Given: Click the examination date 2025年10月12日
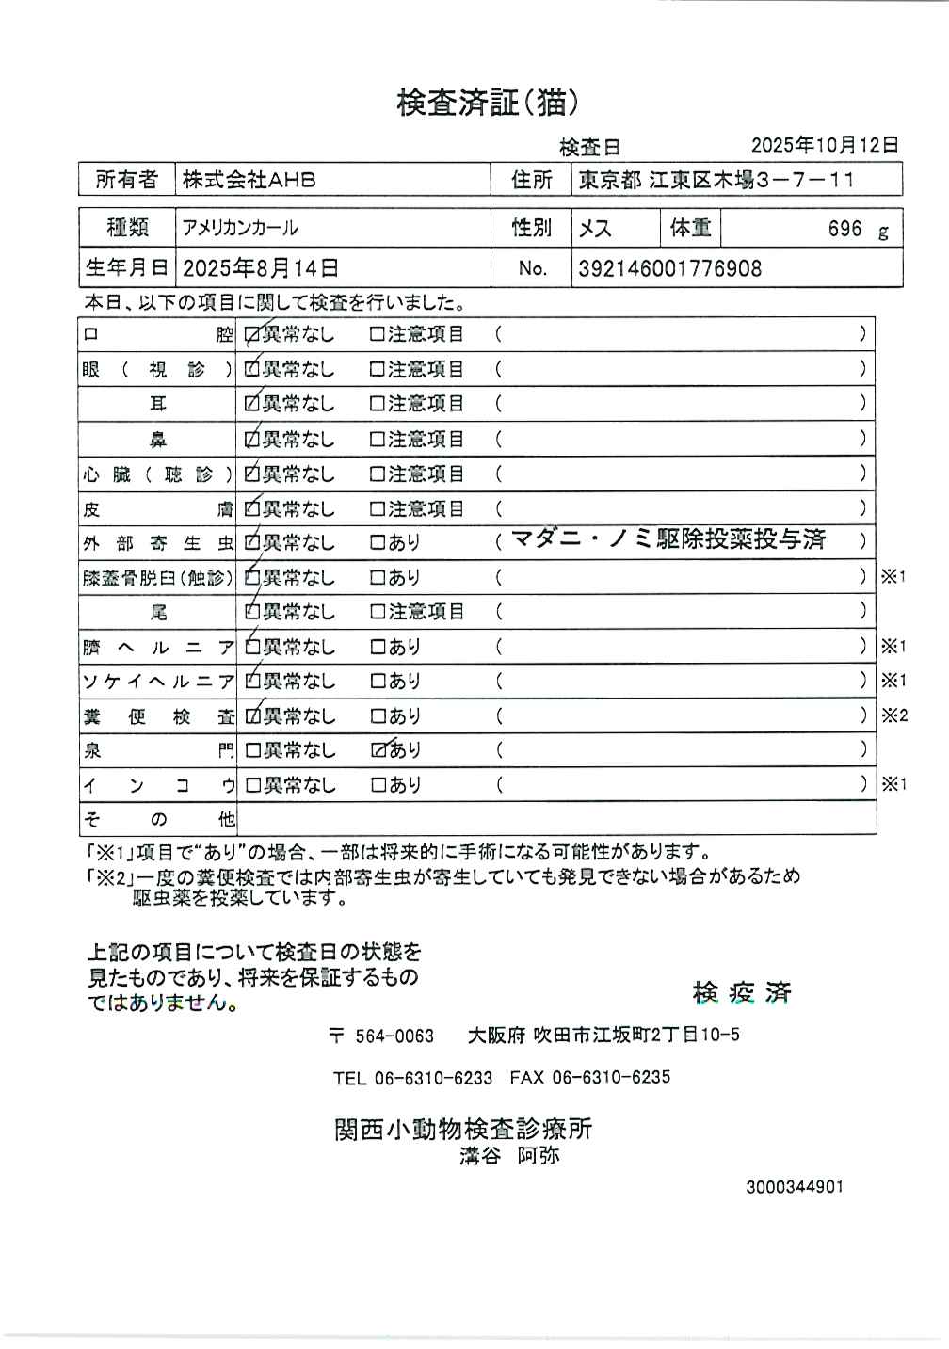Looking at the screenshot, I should coord(825,145).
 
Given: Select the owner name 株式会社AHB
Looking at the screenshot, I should coord(249,180).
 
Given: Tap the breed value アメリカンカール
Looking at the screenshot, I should coord(240,229).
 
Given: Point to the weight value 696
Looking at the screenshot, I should coord(844,229).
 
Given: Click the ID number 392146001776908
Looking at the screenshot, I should coord(669,268).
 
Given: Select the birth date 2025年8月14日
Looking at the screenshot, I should coord(261,268).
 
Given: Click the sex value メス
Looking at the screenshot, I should coord(595,229).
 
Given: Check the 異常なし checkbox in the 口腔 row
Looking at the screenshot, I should coord(252,334).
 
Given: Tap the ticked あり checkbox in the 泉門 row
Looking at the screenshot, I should coord(378,750).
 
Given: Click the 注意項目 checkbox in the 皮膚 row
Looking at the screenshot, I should coord(378,509).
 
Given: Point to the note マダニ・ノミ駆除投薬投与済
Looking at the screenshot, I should coord(668,539).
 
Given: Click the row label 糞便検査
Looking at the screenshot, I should coord(158,716).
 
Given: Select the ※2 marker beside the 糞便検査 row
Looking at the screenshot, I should coord(894,715).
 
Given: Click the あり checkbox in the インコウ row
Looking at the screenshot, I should coord(378,785).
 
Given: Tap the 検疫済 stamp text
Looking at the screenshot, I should coord(742,992).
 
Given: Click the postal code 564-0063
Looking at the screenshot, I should coord(394,1036).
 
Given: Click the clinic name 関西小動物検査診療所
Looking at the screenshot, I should coord(463,1129).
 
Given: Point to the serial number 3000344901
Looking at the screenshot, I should coord(795,1187).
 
